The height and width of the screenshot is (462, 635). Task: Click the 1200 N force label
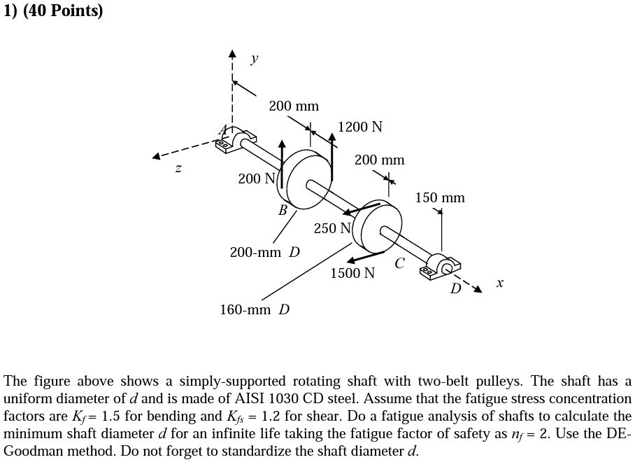(x=360, y=127)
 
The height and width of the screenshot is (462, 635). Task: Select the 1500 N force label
(x=352, y=273)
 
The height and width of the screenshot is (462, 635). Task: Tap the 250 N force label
(x=333, y=228)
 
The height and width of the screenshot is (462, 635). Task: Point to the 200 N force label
(x=257, y=178)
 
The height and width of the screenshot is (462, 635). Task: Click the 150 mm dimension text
(x=440, y=198)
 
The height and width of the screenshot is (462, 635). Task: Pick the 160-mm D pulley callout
(x=255, y=309)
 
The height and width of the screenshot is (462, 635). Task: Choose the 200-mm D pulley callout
(x=265, y=251)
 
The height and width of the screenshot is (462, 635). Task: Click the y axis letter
(x=254, y=59)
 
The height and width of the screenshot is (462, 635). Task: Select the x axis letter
(x=499, y=283)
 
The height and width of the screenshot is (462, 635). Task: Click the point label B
(x=283, y=210)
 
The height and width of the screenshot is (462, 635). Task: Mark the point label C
(x=399, y=264)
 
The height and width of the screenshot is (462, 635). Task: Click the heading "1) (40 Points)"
(x=53, y=12)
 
